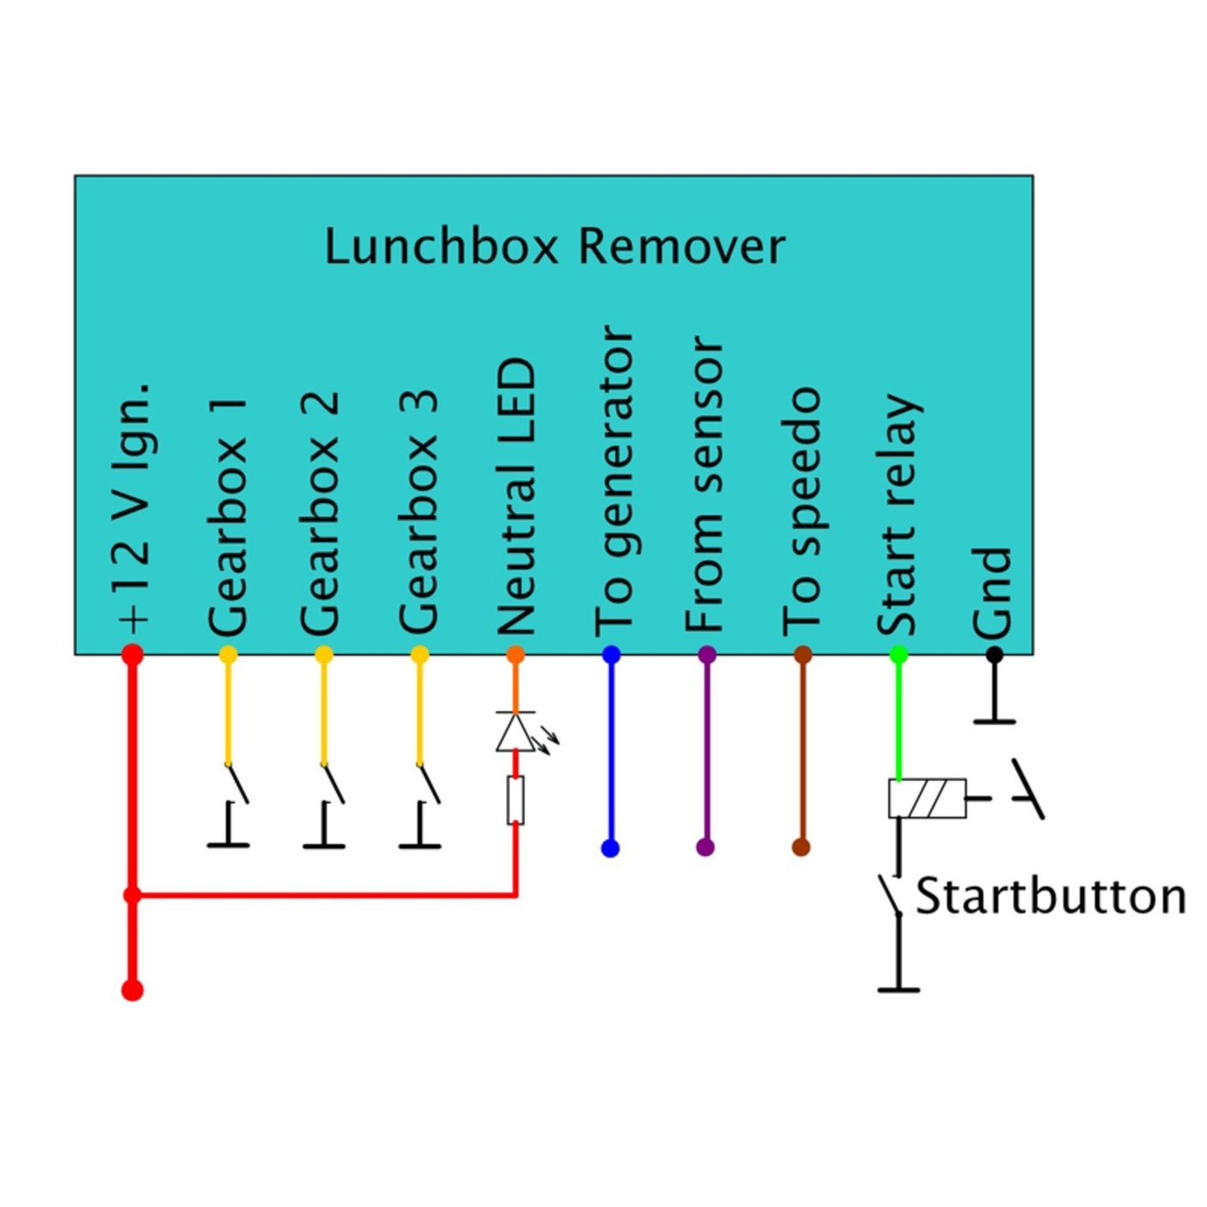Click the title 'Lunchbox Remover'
pos(554,247)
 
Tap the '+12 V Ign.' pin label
pos(134,509)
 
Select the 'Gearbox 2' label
pos(320,514)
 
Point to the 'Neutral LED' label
pos(517,497)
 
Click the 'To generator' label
pos(614,481)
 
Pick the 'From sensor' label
pos(704,485)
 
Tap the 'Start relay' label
pos(898,516)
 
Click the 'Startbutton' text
pos(1050,897)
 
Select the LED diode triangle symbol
pos(516,732)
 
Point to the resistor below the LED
pos(516,800)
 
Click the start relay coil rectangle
pos(927,798)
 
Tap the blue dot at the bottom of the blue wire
pos(610,848)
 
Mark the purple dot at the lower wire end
pos(705,847)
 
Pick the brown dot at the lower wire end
pos(801,847)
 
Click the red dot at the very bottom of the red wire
pos(133,990)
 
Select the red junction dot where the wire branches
pos(133,896)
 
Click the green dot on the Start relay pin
pos(898,655)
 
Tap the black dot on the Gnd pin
pos(994,655)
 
